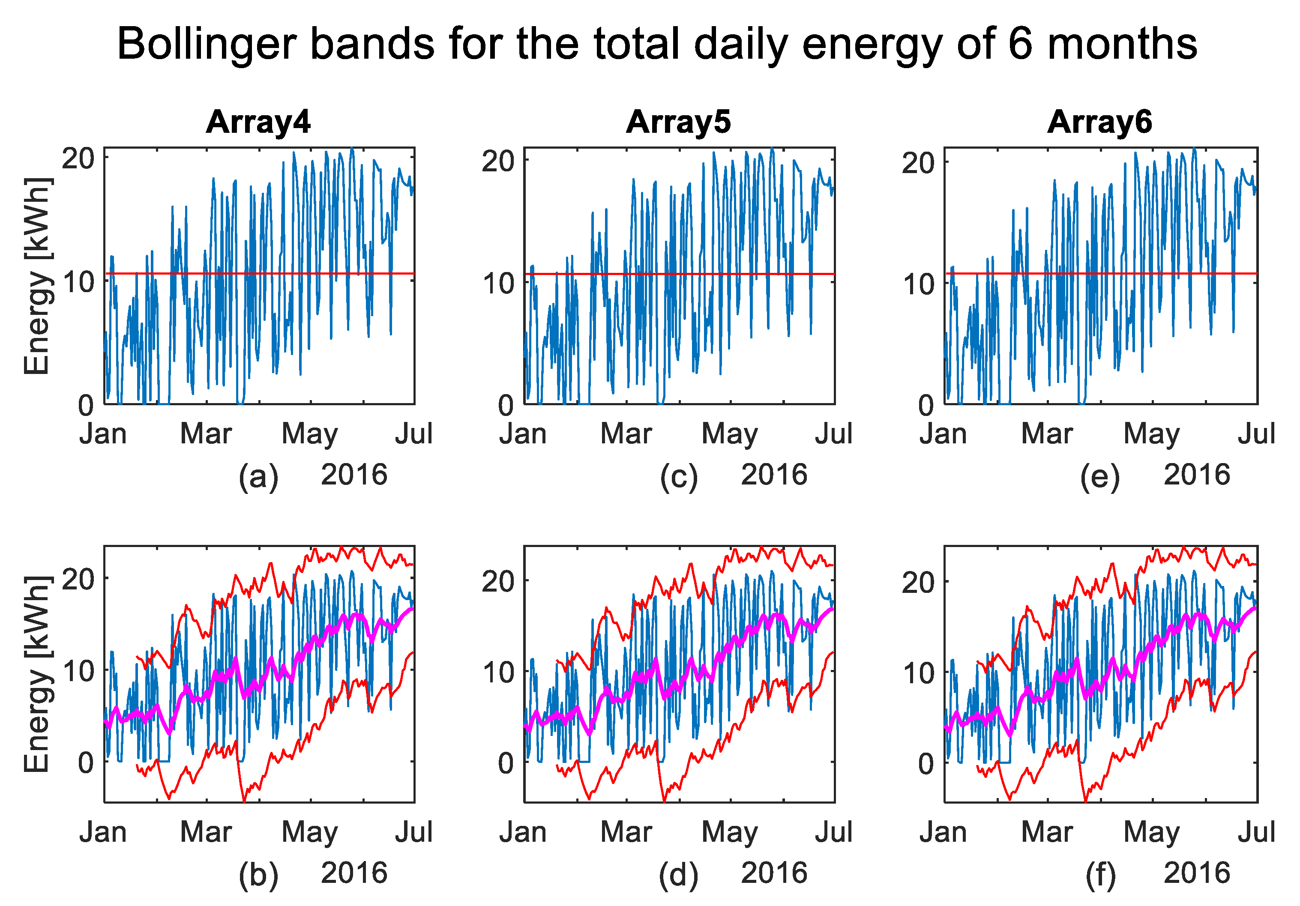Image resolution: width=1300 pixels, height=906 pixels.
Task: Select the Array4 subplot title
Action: tap(258, 122)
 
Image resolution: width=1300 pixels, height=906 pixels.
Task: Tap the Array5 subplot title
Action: tap(678, 122)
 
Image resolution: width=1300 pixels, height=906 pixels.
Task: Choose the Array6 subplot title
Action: tap(1099, 122)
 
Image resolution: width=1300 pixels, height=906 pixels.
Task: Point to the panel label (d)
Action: tap(678, 875)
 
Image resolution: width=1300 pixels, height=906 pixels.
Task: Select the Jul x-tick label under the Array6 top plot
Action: tap(1256, 434)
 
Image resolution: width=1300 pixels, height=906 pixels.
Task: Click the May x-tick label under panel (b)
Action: tap(310, 832)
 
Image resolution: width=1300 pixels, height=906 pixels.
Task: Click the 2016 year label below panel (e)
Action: tap(1196, 474)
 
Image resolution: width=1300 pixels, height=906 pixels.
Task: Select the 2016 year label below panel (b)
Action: tap(354, 873)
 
